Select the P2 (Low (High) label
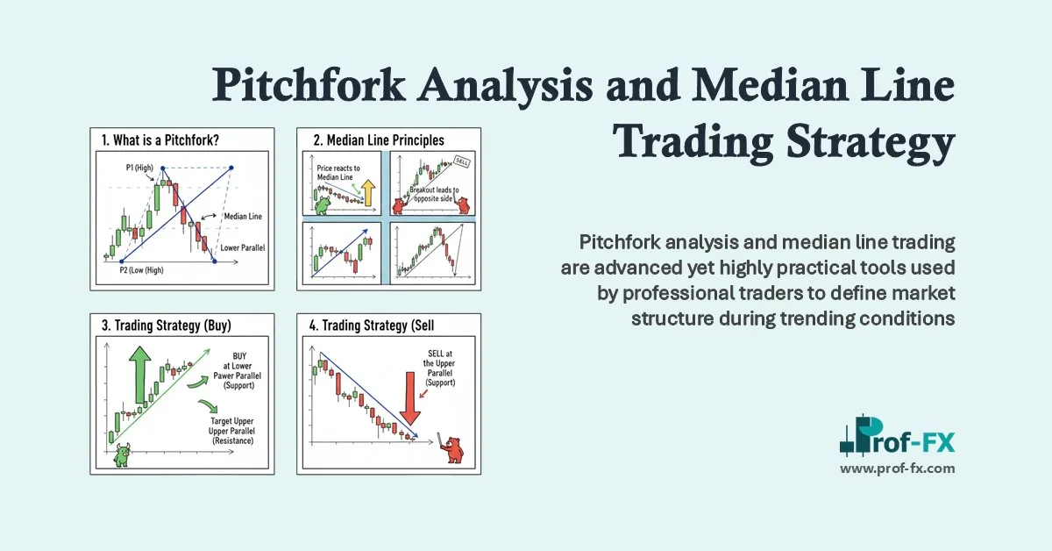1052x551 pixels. click(143, 272)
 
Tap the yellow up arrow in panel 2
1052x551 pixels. click(367, 192)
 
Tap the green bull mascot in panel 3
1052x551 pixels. click(122, 455)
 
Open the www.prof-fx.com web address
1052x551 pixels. click(897, 469)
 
